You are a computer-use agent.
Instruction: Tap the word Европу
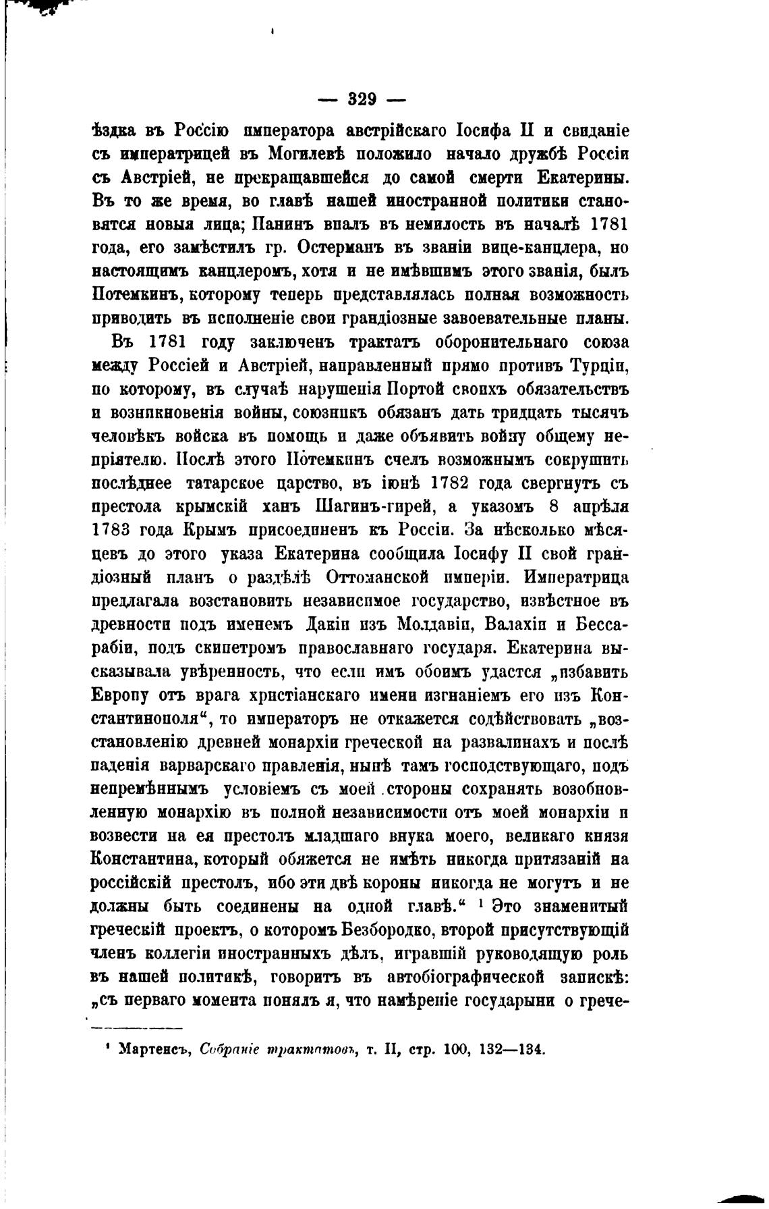coord(121,697)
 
